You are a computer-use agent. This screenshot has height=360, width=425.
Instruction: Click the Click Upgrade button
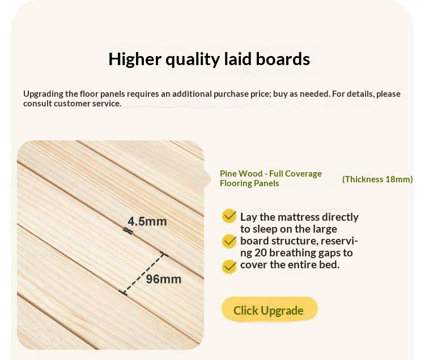pos(269,310)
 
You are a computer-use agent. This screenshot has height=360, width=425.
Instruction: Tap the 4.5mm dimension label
pos(147,221)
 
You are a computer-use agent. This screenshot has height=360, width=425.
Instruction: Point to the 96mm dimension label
pos(164,279)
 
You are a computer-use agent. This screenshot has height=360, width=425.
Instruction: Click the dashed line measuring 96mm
pos(145,273)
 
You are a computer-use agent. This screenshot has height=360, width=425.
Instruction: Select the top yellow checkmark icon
pos(229,216)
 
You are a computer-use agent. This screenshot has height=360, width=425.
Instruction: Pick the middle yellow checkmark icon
pos(229,241)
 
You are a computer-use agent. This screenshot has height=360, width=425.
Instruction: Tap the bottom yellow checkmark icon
pos(229,266)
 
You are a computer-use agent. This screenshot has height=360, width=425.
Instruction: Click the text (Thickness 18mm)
pos(377,179)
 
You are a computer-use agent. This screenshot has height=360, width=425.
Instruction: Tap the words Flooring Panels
pos(249,183)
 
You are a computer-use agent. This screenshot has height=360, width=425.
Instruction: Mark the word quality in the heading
pos(196,59)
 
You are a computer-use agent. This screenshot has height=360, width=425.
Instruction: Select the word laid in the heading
pos(243,59)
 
